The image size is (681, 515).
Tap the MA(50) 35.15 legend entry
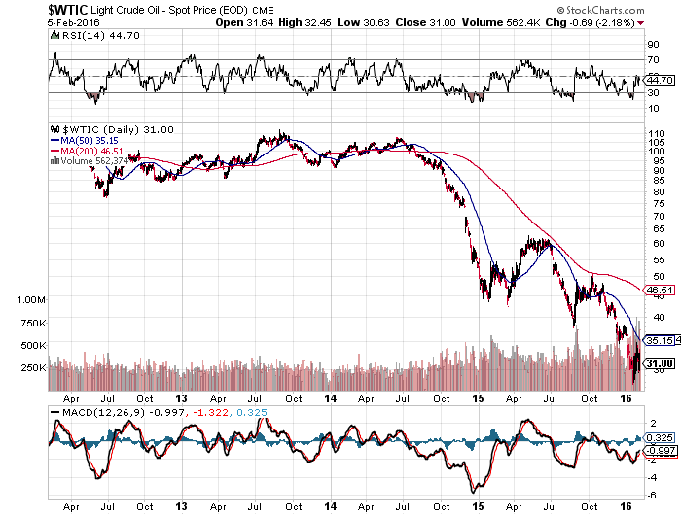[91, 141]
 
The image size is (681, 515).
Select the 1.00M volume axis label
[32, 300]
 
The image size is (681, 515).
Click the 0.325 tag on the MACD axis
[661, 439]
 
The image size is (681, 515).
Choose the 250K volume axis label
[33, 368]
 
